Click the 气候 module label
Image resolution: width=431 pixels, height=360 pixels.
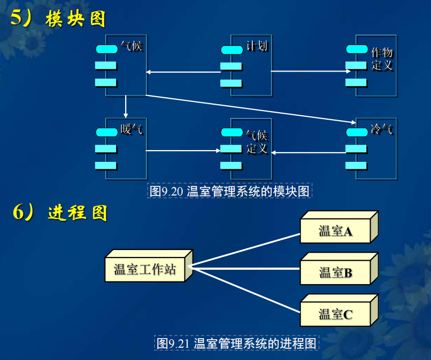(132, 46)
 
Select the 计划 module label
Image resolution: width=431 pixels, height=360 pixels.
(257, 46)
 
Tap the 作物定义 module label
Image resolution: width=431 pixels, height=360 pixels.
(382, 59)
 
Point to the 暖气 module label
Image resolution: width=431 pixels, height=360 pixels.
(132, 129)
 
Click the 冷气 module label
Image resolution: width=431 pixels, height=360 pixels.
(382, 129)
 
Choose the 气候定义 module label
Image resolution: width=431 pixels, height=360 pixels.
(257, 142)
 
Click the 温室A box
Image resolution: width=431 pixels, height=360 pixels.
(336, 231)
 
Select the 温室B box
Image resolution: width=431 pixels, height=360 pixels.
(336, 272)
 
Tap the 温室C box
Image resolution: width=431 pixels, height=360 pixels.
(336, 314)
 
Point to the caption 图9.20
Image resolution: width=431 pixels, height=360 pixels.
(229, 191)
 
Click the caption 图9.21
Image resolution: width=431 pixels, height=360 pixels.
(236, 343)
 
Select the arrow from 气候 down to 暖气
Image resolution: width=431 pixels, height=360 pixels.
(126, 107)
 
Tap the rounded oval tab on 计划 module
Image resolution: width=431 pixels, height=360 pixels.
(232, 50)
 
